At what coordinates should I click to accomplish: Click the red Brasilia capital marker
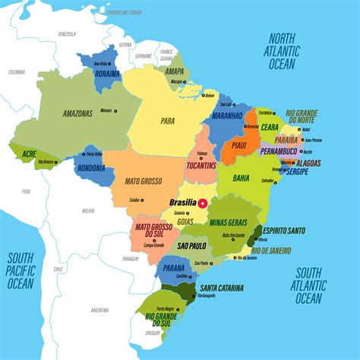click(x=202, y=203)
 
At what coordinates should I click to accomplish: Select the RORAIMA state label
click(x=106, y=74)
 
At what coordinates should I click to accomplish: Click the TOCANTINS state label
click(x=201, y=165)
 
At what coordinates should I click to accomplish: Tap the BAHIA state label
click(x=242, y=178)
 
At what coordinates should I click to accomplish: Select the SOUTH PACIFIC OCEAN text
click(x=21, y=270)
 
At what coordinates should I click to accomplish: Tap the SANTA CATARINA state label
click(x=222, y=288)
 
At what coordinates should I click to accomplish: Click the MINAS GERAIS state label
click(x=229, y=222)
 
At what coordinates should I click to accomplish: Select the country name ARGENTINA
click(x=99, y=310)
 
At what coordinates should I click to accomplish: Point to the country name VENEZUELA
click(x=68, y=34)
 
